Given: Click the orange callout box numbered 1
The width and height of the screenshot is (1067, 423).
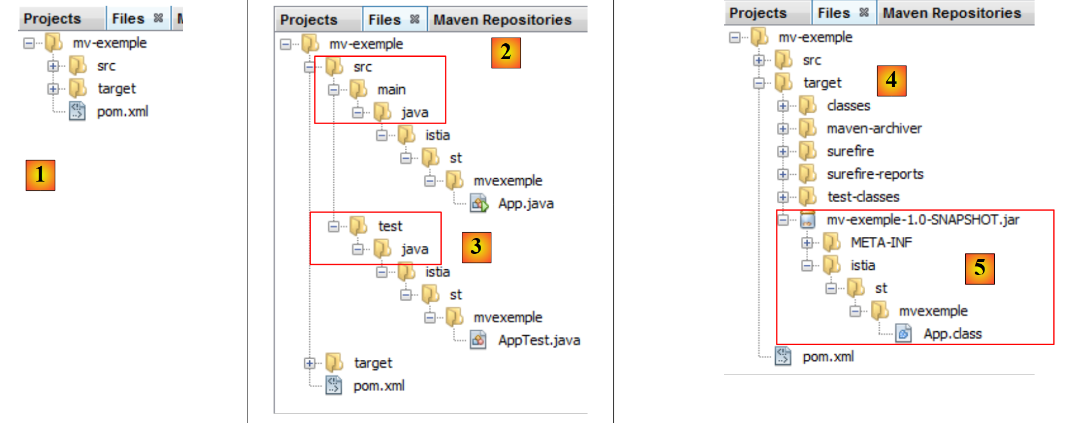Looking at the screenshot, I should (x=40, y=175).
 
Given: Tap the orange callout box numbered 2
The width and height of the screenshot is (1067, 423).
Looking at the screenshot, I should (x=506, y=53).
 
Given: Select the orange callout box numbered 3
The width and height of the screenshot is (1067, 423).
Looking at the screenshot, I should (x=476, y=247).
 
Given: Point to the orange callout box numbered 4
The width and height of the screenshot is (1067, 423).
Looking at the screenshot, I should (x=891, y=80).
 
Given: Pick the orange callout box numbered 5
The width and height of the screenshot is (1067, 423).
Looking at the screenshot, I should (x=979, y=269).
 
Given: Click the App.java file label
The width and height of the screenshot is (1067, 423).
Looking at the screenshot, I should (x=526, y=204).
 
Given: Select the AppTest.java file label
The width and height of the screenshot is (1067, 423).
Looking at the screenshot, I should (x=539, y=340).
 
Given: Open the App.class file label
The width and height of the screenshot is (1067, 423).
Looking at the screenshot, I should (x=952, y=334).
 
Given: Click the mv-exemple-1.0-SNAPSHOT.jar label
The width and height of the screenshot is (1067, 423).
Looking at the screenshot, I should (x=923, y=220).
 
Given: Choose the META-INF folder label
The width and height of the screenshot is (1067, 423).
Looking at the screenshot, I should (x=881, y=243).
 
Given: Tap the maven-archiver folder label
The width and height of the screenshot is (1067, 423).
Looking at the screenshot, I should (x=874, y=129).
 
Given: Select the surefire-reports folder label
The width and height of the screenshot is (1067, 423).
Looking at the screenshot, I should (x=875, y=174).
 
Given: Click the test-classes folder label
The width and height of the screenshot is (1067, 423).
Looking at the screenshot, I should (x=863, y=197).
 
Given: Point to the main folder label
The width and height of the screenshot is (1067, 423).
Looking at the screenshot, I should (x=391, y=90).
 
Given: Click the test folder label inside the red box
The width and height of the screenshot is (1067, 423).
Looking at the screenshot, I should (x=390, y=227).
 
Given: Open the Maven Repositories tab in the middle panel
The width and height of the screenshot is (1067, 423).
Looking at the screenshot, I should (x=502, y=20).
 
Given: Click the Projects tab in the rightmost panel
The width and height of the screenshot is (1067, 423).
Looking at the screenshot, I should (x=758, y=13).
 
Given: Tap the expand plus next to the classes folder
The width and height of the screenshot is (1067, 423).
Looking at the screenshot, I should (x=783, y=106).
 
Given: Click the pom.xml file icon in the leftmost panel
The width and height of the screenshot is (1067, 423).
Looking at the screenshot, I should (x=77, y=111).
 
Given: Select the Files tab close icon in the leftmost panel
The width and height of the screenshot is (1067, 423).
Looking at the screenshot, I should (x=158, y=18).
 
